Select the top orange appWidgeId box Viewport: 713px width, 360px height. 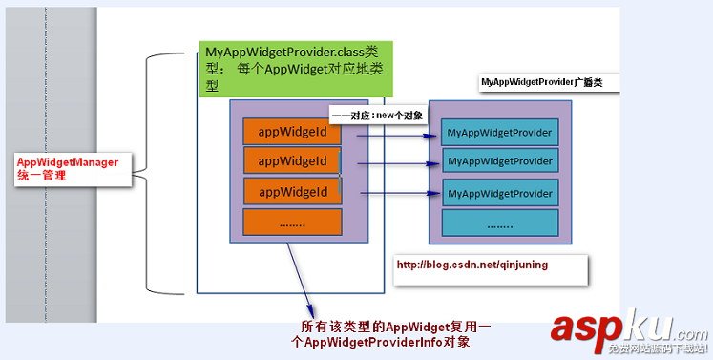click(292, 131)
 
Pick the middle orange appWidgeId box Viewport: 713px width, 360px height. click(292, 160)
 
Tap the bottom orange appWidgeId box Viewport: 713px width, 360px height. click(292, 192)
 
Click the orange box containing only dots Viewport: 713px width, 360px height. click(292, 222)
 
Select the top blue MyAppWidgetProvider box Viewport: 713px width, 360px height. click(501, 132)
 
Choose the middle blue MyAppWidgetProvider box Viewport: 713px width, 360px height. click(501, 161)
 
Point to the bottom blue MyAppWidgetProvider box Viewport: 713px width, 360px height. click(501, 193)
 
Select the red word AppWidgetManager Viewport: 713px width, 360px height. click(68, 162)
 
